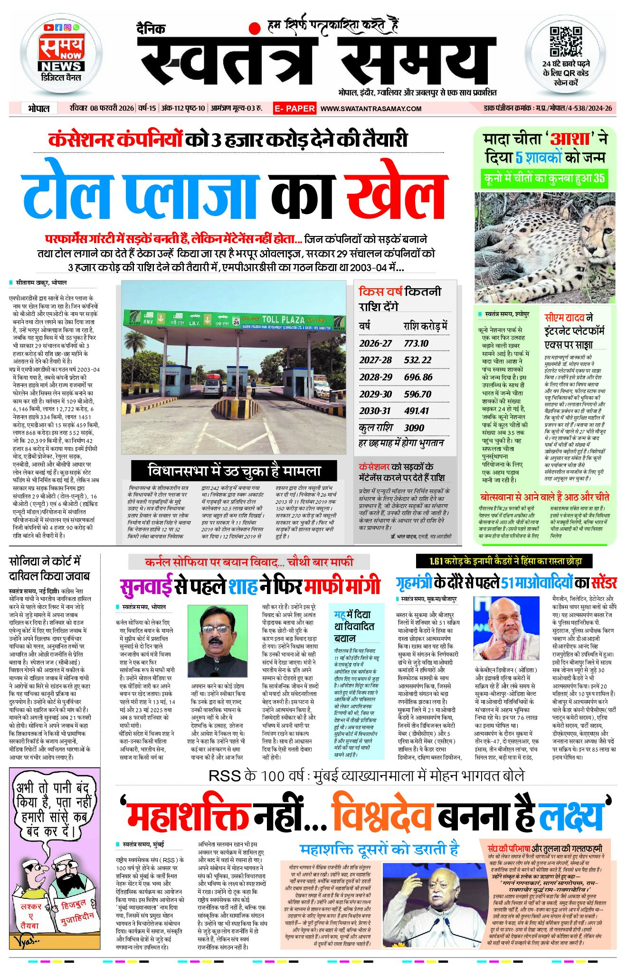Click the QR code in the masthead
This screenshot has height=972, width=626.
pos(565,42)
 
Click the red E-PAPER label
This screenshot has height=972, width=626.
pos(294,108)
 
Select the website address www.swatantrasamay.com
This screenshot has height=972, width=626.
pos(371,109)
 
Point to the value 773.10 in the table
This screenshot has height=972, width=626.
pos(416,343)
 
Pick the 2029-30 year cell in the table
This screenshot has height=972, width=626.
pos(375,394)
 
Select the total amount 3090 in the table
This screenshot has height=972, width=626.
pos(414,428)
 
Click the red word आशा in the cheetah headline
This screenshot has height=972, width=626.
pos(570,139)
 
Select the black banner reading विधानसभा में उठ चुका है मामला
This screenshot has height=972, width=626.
pos(234,471)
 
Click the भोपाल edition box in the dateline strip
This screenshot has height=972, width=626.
pos(38,108)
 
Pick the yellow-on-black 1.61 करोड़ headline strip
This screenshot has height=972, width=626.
pos(505,561)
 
